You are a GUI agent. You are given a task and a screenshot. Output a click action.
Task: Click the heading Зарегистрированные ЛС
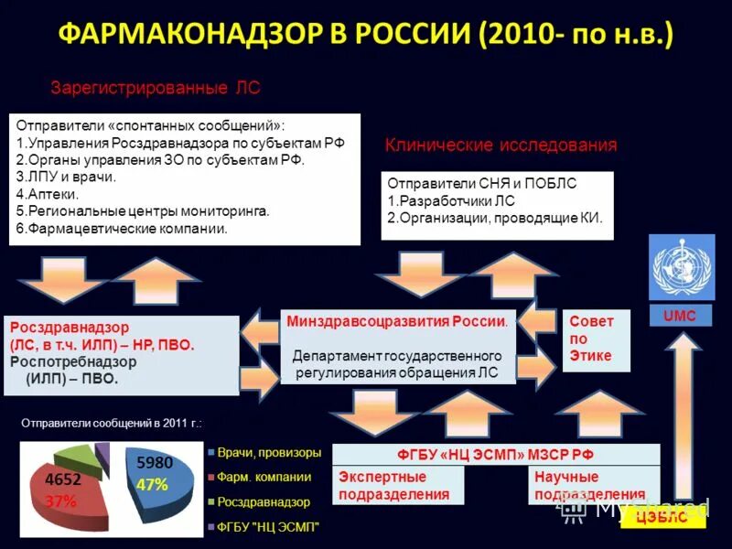click(156, 89)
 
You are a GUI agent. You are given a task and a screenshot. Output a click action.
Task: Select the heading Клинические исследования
click(501, 145)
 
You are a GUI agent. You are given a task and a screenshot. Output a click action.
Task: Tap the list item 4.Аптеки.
click(48, 194)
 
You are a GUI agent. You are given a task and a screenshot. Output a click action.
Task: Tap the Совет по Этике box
click(595, 339)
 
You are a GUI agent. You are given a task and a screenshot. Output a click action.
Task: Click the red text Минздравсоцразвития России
click(396, 322)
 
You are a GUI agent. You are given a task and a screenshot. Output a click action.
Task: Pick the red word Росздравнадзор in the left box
click(70, 327)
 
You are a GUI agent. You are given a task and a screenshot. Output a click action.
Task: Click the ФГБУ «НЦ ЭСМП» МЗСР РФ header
click(495, 455)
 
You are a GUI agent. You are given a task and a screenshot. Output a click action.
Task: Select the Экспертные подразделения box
click(397, 486)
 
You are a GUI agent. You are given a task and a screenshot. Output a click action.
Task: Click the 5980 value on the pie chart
click(154, 463)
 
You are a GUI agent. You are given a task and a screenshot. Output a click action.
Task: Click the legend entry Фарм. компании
click(264, 477)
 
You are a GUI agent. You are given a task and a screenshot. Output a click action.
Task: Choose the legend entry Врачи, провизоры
click(269, 452)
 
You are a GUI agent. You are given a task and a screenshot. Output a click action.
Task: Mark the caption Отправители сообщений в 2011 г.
click(111, 424)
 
